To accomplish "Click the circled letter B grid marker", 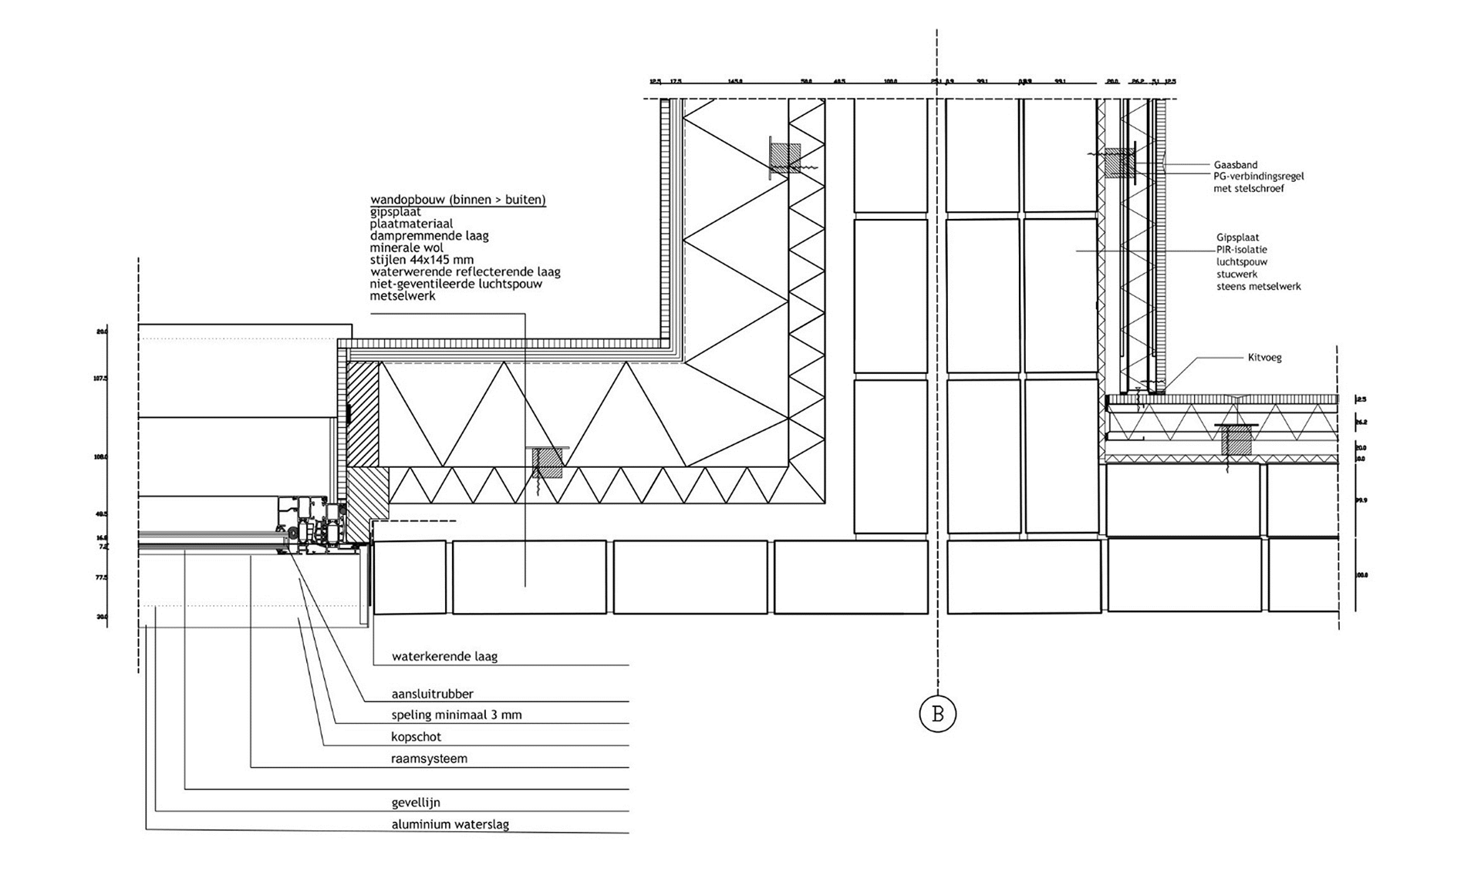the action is point(937,713).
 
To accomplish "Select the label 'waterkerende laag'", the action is point(444,657).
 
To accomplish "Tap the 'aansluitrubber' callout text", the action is point(432,694).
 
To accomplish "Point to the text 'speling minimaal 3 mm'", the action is point(456,715).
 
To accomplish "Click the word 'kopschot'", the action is point(416,736).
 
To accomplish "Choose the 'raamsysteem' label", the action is point(429,758).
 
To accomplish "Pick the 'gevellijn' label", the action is point(416,803).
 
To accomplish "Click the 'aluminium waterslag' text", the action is point(450,824).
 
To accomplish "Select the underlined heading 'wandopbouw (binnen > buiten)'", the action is point(457,200).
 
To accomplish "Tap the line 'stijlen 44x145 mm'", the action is point(421,260).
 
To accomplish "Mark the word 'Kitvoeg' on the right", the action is point(1264,358).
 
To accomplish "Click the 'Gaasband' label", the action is point(1235,165).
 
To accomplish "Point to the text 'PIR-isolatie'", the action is point(1241,250).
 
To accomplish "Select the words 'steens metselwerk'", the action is point(1258,286).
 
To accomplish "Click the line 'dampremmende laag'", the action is point(429,236).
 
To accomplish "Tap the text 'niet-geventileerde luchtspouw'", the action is point(455,284).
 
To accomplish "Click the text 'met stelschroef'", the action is point(1249,189).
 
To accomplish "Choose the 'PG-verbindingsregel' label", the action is point(1258,177).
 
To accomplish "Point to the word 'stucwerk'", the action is point(1236,274).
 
